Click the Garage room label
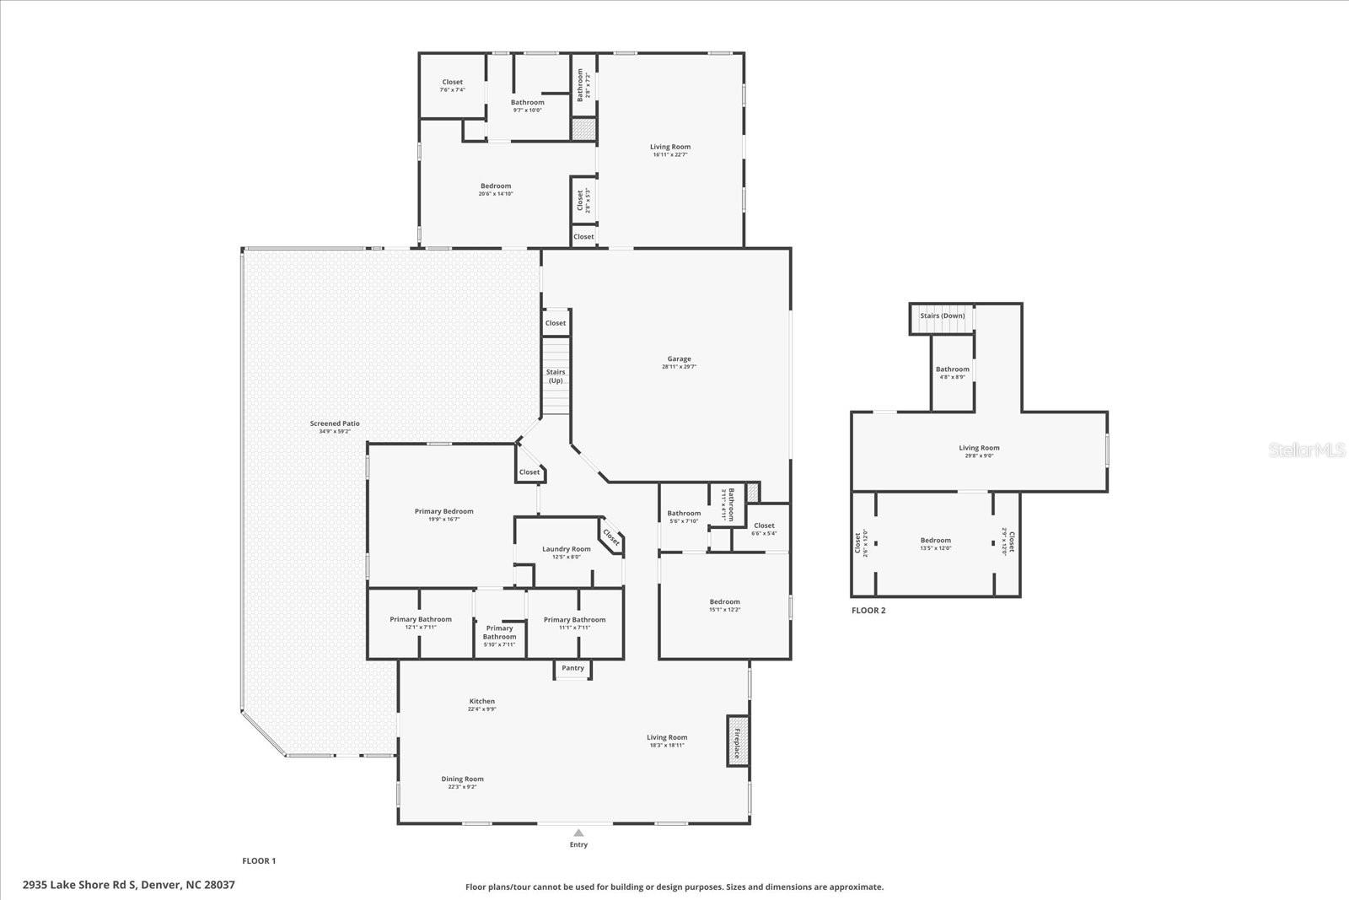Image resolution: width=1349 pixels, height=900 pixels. point(679,359)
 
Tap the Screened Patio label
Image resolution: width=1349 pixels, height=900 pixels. point(335,424)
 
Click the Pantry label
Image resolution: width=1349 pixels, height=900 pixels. point(573,668)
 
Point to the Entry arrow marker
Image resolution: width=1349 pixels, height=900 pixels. point(578,833)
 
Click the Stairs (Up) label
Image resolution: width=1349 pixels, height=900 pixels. point(556,376)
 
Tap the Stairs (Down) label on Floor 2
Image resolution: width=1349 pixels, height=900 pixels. point(943,316)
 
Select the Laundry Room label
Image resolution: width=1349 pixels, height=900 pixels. point(567,549)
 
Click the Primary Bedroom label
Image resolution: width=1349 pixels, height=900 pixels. point(444,511)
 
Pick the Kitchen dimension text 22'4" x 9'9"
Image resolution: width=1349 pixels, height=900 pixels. point(482,709)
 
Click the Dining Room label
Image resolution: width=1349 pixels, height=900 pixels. point(463,779)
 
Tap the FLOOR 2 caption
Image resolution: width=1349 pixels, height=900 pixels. point(868,611)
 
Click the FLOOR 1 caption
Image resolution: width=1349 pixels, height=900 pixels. point(259,861)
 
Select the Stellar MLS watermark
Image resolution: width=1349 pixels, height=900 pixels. point(1308,450)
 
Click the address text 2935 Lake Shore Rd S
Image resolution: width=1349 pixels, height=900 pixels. point(129,885)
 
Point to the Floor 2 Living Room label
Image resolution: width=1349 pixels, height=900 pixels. point(979,449)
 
